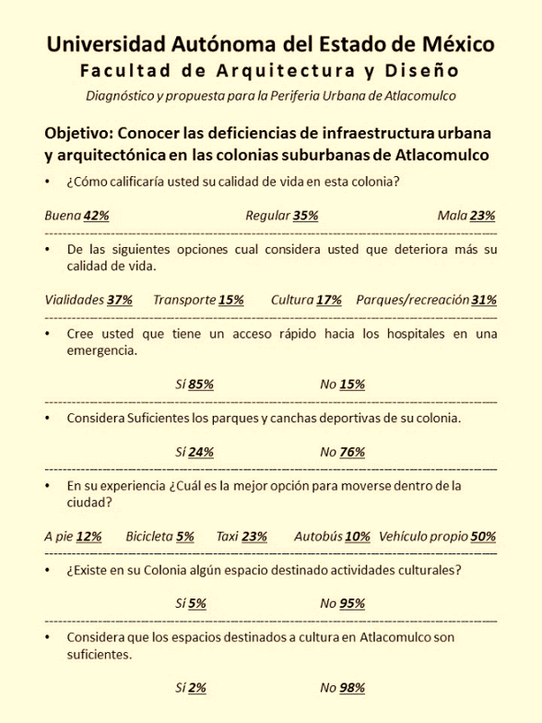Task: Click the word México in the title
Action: click(x=458, y=44)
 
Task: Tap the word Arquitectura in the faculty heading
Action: click(x=286, y=70)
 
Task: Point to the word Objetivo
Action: click(x=79, y=133)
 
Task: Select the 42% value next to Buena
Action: click(x=96, y=216)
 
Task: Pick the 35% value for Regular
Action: click(x=306, y=216)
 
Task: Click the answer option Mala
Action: click(x=452, y=216)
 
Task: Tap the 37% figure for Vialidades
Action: click(x=120, y=300)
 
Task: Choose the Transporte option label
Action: click(x=184, y=300)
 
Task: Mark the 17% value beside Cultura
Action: click(x=329, y=300)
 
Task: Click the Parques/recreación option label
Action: click(x=413, y=300)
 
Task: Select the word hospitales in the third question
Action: click(x=416, y=334)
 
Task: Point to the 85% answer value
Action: click(x=201, y=384)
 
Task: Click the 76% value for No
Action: click(x=352, y=452)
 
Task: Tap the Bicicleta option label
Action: click(x=149, y=537)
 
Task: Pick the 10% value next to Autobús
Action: click(x=358, y=537)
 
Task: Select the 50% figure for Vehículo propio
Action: click(x=483, y=537)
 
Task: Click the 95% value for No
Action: click(x=352, y=603)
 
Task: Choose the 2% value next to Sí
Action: click(x=197, y=688)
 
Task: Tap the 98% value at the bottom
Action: click(x=352, y=688)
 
